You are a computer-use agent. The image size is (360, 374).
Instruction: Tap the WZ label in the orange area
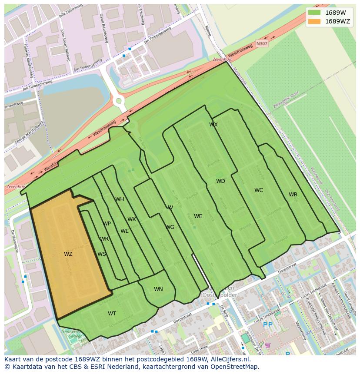point(68,254)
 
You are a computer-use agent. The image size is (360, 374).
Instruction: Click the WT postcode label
point(112,314)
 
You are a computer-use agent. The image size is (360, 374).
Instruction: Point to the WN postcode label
point(158,289)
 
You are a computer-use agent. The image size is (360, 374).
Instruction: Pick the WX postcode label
point(213,125)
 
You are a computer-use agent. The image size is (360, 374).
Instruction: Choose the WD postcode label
point(220,181)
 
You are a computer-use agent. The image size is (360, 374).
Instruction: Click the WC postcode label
point(259,190)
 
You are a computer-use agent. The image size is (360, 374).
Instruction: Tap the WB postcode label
point(293,195)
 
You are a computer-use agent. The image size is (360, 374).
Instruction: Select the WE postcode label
point(198,216)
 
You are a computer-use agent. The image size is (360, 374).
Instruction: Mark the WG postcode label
point(170,227)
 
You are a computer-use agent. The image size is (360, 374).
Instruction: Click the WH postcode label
point(120,199)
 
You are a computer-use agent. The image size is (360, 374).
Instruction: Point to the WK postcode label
point(132,219)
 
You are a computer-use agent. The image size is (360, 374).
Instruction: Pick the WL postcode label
point(124,231)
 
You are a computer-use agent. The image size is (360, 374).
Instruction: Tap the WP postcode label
point(107,224)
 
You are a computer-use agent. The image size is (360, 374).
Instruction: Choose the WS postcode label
point(102,254)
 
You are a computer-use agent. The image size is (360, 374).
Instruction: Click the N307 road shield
point(262,43)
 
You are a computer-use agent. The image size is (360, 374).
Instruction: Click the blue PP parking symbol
point(268,324)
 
